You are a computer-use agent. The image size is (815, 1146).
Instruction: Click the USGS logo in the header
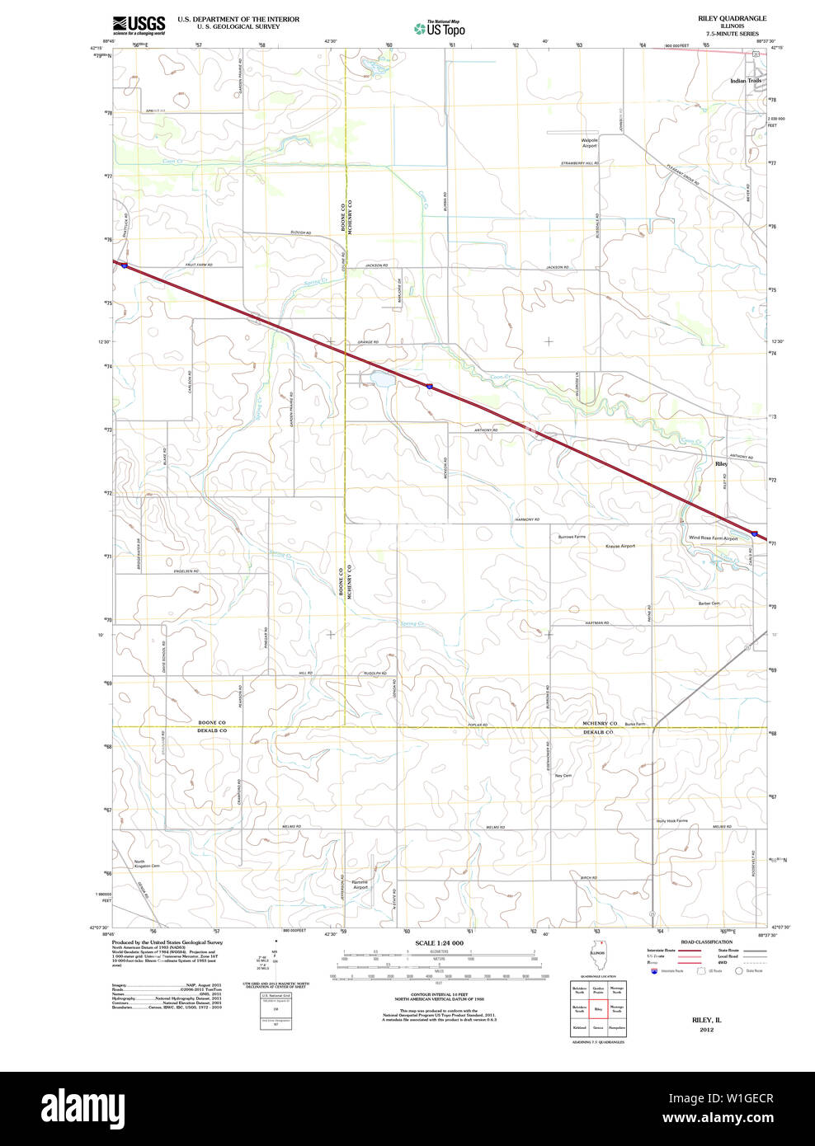(x=139, y=25)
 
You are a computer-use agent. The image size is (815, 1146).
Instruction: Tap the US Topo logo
(x=440, y=29)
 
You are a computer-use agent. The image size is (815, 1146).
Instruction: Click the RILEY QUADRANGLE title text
(x=732, y=18)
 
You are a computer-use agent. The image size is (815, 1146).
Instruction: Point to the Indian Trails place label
(x=746, y=81)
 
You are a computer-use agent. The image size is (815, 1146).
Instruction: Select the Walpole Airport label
(x=589, y=143)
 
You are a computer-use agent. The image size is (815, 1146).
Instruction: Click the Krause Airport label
(x=620, y=546)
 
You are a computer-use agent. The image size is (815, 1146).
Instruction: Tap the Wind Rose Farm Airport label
(x=714, y=538)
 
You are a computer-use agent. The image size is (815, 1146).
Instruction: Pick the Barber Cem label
(x=709, y=604)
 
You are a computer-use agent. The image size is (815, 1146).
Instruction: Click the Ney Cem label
(x=563, y=776)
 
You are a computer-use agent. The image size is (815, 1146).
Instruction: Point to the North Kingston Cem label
(x=147, y=864)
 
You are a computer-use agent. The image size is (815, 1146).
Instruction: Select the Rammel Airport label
(x=360, y=885)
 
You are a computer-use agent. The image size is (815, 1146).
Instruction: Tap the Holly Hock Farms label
(x=671, y=821)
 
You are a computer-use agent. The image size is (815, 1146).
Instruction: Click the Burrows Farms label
(x=572, y=537)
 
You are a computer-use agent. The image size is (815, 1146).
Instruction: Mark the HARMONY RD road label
(x=526, y=519)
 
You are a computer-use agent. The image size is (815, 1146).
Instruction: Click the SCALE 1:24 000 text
(x=439, y=942)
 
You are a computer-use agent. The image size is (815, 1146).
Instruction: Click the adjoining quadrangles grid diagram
(x=598, y=1008)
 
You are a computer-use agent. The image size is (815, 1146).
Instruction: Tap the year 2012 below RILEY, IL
(x=706, y=1029)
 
